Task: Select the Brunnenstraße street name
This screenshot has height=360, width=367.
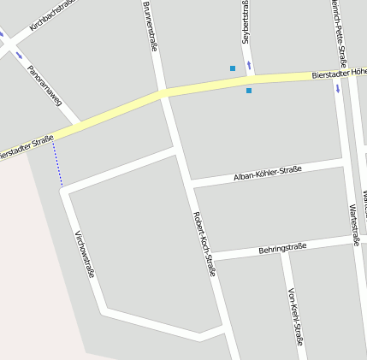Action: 149,26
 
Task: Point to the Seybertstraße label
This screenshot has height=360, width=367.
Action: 245,21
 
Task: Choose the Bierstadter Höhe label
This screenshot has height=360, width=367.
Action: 339,74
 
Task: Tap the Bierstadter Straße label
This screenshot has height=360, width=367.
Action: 26,147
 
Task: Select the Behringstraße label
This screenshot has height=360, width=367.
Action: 281,249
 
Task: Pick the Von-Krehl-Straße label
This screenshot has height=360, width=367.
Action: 296,315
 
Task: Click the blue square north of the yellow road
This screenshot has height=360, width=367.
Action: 232,68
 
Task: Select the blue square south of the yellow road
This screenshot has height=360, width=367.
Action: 249,91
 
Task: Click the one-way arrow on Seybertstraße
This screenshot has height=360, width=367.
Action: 249,65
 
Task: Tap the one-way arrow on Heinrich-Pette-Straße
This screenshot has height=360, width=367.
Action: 338,87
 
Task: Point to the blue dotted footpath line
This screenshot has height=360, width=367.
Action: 57,163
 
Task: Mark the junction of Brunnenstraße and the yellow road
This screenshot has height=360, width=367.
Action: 163,92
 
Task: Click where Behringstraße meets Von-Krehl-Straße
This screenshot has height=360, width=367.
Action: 282,253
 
